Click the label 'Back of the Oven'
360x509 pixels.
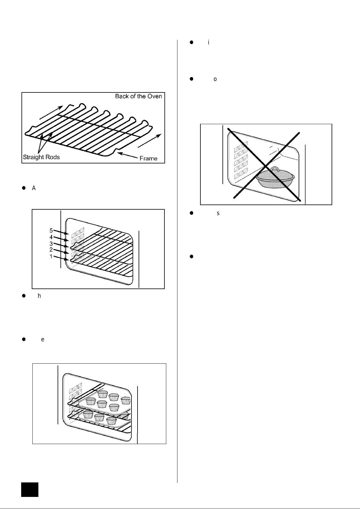click(138, 96)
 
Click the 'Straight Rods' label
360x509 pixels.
click(41, 157)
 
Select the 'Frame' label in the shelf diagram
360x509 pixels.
click(148, 158)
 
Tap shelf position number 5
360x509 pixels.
click(51, 230)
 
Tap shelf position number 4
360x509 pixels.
click(51, 237)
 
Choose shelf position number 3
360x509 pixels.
click(51, 243)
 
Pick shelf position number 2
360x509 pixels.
click(51, 250)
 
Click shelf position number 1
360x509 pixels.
click(51, 256)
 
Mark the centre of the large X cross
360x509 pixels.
click(266, 166)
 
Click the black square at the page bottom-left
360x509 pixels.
click(30, 490)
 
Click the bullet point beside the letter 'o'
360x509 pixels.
click(191, 79)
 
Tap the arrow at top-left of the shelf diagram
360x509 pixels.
click(51, 112)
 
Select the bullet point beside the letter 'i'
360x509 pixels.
click(191, 42)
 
